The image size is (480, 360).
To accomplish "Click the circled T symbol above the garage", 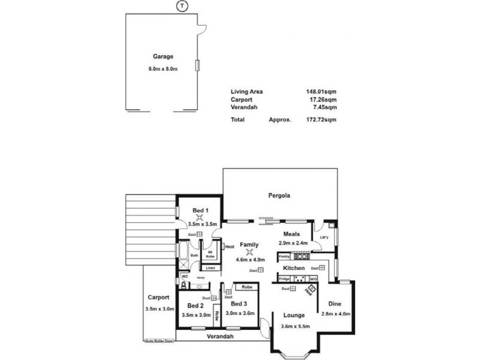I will (181, 6).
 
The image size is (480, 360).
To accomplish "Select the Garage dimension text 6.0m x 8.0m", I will (163, 68).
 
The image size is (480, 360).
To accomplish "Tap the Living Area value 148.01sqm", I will (321, 92).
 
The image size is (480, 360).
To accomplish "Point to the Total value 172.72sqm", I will (321, 119).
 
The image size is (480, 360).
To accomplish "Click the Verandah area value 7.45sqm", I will (323, 107).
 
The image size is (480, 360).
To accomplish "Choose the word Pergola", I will (280, 196).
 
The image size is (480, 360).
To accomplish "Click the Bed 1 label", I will (200, 211).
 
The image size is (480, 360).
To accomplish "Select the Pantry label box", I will (284, 256).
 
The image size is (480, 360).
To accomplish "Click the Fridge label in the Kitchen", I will (284, 279).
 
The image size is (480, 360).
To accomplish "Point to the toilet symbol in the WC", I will (185, 286).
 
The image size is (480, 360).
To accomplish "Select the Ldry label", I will (323, 238).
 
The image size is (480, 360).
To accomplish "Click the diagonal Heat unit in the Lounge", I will (310, 290).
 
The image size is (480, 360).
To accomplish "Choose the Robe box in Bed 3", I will (247, 287).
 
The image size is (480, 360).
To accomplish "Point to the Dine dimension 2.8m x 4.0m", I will (336, 314).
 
